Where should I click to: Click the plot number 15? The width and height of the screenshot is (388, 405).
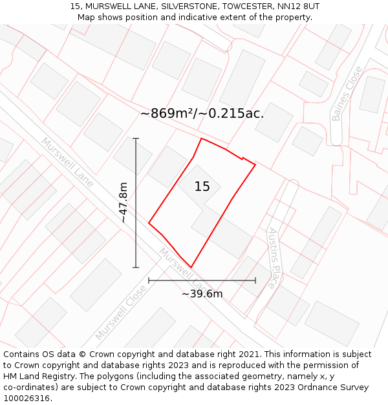pos(202,187)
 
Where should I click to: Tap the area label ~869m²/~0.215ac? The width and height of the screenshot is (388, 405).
pos(202,113)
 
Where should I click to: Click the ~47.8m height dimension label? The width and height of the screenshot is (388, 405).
pos(123,202)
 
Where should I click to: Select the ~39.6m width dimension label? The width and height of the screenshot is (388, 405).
pos(202,294)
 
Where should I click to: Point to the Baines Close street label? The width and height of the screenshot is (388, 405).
pos(347,102)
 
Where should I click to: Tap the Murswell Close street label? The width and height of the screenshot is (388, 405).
pos(121,314)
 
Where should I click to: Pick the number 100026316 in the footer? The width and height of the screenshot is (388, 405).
pos(28,399)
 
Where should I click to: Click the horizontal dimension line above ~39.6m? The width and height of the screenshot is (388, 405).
pos(202,281)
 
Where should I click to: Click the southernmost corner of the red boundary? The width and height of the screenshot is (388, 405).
pos(191,267)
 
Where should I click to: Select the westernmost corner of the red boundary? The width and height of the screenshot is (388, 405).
pos(149,224)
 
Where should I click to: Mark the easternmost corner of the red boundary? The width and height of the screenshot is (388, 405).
pos(255,165)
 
